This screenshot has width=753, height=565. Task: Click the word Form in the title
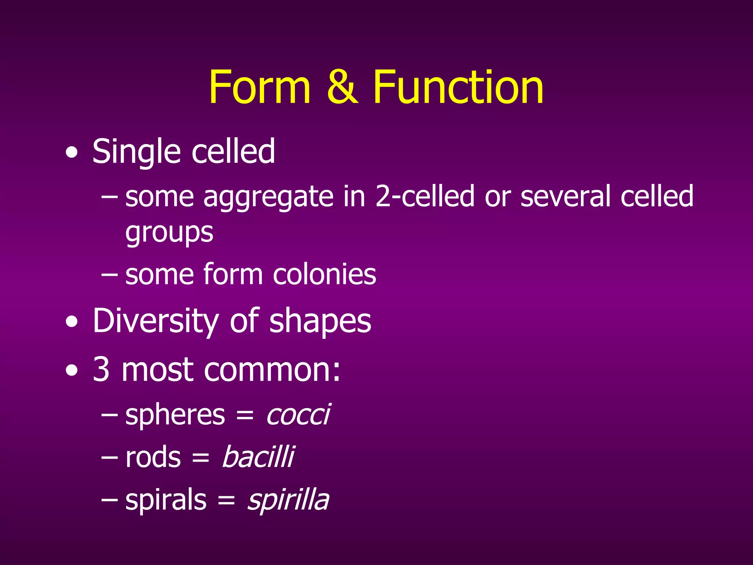pos(260,88)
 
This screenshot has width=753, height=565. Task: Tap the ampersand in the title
pos(342,88)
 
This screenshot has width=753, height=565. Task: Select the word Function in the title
pos(458,88)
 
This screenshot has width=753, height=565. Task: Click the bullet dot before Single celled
pos(72,152)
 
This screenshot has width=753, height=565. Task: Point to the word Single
pos(136,152)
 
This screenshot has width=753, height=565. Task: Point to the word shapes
pos(320,321)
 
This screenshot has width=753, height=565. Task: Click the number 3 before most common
pos(101,369)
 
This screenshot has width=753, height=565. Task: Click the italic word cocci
pos(298,415)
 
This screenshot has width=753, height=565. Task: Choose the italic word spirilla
pos(288,500)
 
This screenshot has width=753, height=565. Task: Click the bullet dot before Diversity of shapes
pos(72,322)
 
